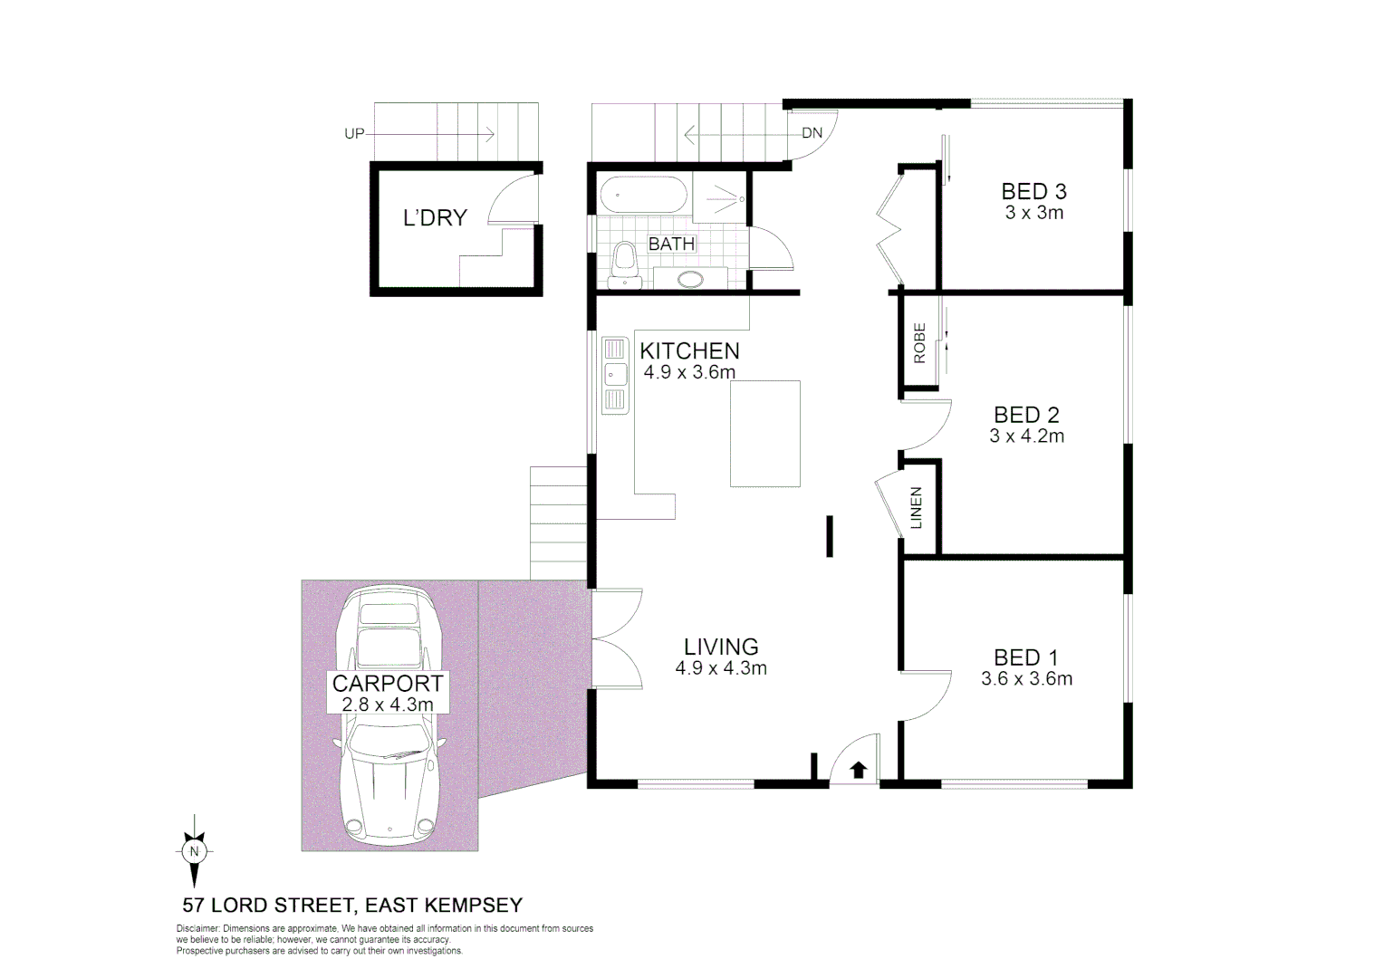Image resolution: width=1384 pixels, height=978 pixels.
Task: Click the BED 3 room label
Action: click(1033, 191)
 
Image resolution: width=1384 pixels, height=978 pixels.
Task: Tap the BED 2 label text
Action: click(1026, 415)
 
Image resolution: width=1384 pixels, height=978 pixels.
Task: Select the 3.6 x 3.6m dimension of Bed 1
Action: click(1026, 679)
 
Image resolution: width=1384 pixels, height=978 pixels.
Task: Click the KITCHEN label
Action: click(689, 350)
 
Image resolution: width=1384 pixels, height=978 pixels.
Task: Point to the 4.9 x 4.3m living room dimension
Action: click(720, 669)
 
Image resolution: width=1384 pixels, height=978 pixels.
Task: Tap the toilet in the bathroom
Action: click(624, 262)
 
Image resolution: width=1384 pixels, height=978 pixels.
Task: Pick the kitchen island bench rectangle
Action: click(765, 434)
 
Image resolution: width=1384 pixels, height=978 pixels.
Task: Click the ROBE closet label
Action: click(919, 343)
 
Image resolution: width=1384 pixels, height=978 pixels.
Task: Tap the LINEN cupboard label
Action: click(916, 508)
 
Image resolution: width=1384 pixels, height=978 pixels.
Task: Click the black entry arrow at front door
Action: click(859, 770)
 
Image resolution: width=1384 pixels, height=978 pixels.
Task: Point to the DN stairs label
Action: click(812, 133)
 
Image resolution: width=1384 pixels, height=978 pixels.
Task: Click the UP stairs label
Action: click(354, 134)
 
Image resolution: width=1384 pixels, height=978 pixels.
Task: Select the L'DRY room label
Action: click(435, 218)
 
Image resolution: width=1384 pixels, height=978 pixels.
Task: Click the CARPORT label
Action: click(388, 683)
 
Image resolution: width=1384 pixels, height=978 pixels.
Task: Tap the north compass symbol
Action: click(193, 851)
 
